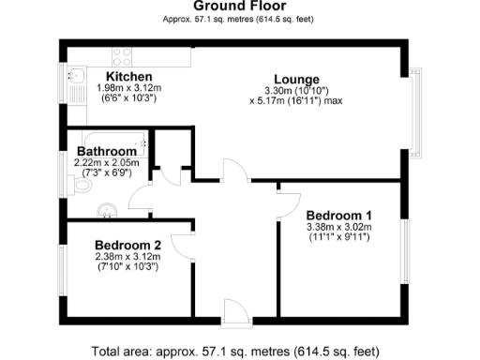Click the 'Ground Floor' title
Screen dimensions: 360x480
click(x=239, y=7)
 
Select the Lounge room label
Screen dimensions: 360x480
click(x=296, y=79)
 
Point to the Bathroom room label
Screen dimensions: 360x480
click(x=108, y=151)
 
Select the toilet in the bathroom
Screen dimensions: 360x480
click(x=79, y=187)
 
